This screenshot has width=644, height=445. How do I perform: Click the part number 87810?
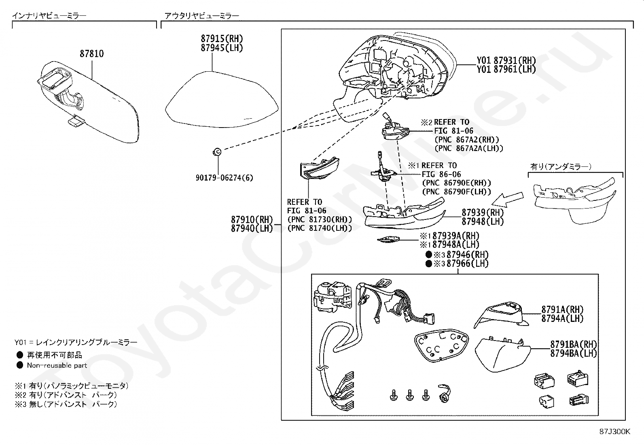click(91, 54)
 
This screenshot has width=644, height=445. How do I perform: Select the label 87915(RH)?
click(222, 39)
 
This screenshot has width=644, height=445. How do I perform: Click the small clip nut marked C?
click(217, 152)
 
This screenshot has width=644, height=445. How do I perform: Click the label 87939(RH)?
click(483, 213)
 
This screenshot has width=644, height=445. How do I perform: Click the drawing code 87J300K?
click(615, 432)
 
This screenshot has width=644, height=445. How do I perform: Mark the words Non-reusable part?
click(57, 365)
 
